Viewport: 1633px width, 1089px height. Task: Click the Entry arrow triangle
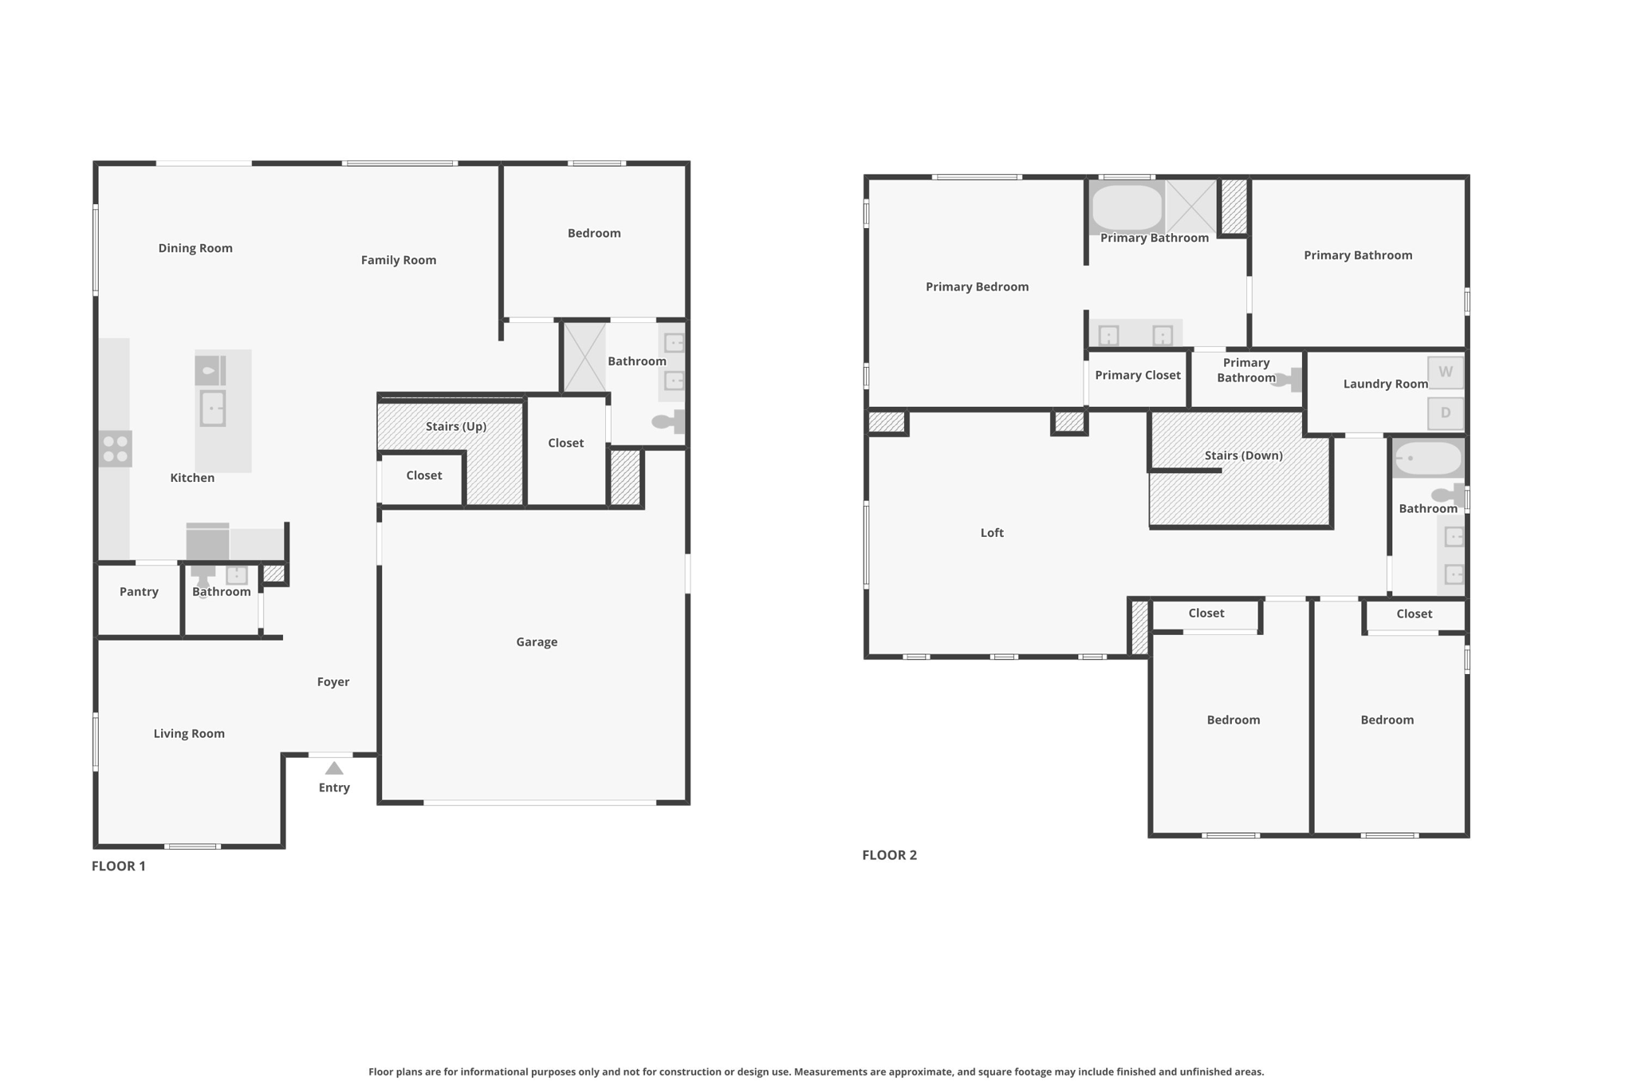334,768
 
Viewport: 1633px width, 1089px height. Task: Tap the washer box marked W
1446,372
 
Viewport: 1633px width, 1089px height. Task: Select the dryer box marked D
1446,413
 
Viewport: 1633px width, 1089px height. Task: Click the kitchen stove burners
116,448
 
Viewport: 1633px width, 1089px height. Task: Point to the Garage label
537,641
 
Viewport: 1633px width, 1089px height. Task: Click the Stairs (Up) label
456,426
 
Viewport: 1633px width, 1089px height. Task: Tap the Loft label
992,533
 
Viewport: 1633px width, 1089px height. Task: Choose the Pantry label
139,592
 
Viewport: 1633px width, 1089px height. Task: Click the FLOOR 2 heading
890,855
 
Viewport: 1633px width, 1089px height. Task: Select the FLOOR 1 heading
119,866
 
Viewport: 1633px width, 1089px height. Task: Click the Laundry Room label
1386,384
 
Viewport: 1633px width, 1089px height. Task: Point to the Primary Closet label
1138,375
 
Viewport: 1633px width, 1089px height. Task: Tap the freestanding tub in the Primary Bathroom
1127,207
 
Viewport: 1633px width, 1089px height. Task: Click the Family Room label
399,260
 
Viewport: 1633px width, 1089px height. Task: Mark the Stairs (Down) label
1244,456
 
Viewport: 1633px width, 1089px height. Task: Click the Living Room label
189,734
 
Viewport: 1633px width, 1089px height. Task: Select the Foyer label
333,682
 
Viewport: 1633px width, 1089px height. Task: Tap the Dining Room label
195,248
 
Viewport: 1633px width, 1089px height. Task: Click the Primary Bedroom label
978,287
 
